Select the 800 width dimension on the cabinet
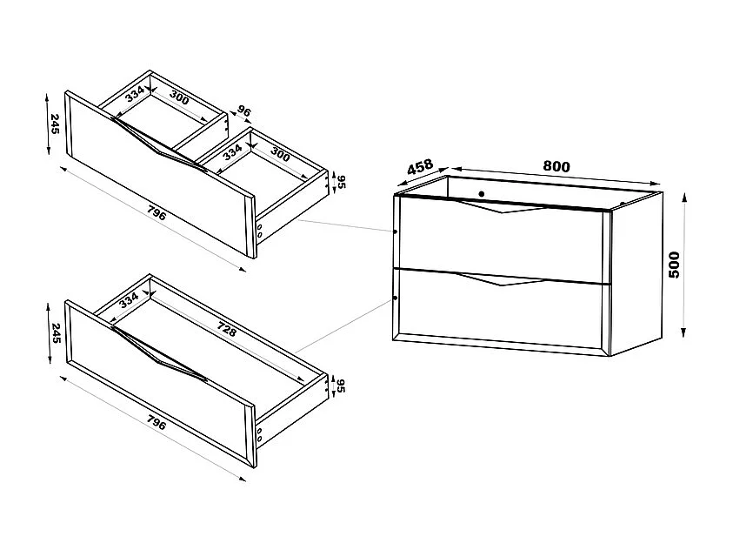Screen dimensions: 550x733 [x=556, y=165]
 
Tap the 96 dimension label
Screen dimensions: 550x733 [x=243, y=112]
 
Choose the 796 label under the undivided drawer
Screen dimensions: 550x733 [x=157, y=425]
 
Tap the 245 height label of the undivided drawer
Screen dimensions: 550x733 [x=54, y=334]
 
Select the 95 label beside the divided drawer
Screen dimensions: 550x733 [x=340, y=182]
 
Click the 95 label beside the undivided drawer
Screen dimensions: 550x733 [x=340, y=386]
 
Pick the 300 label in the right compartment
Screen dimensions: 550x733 [x=279, y=154]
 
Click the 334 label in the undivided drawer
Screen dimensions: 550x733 [x=129, y=300]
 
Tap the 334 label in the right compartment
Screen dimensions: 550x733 [x=232, y=152]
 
